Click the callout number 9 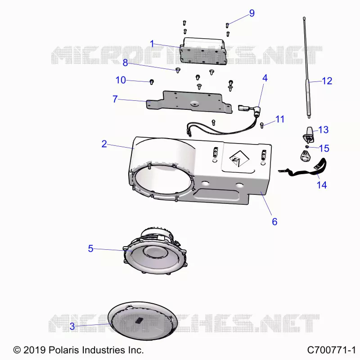tap(252, 13)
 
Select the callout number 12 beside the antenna tap(327, 81)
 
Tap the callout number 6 tap(274, 221)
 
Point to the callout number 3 tap(72, 326)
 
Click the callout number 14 tap(322, 185)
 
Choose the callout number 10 tap(121, 80)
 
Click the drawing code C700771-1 tap(331, 350)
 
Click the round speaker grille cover tap(143, 321)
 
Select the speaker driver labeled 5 tap(155, 252)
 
